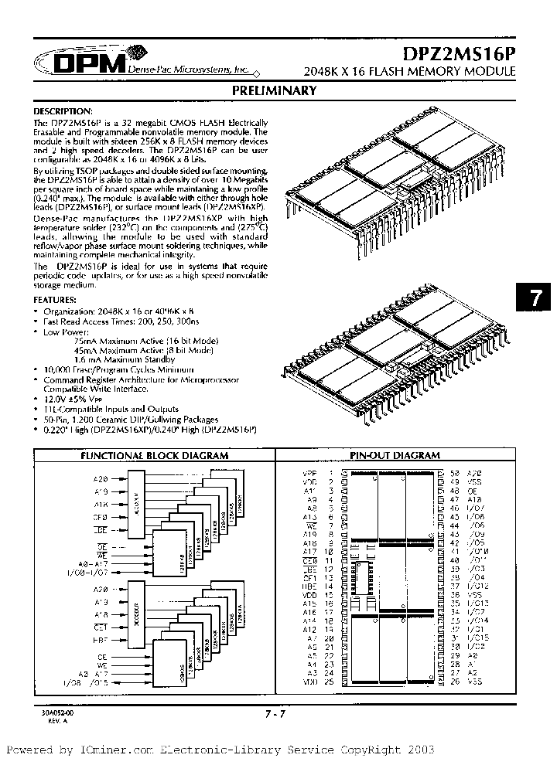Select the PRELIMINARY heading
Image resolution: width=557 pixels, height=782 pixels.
[275, 91]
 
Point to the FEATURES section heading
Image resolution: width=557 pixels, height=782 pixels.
[54, 298]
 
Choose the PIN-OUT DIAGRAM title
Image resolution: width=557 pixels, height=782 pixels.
[395, 456]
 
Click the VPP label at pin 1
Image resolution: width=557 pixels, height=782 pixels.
[310, 472]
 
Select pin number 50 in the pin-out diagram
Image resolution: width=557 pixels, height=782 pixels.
[454, 472]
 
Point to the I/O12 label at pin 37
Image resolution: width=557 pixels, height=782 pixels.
[479, 586]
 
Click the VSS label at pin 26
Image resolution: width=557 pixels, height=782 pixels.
[476, 682]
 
